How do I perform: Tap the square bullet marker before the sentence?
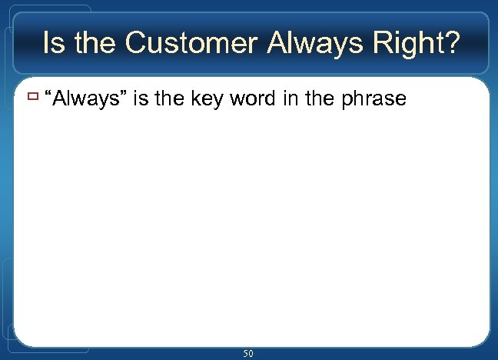pos(32,98)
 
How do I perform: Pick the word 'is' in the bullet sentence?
pos(141,98)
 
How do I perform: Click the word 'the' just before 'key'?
pos(170,98)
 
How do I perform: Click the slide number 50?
pos(248,353)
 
